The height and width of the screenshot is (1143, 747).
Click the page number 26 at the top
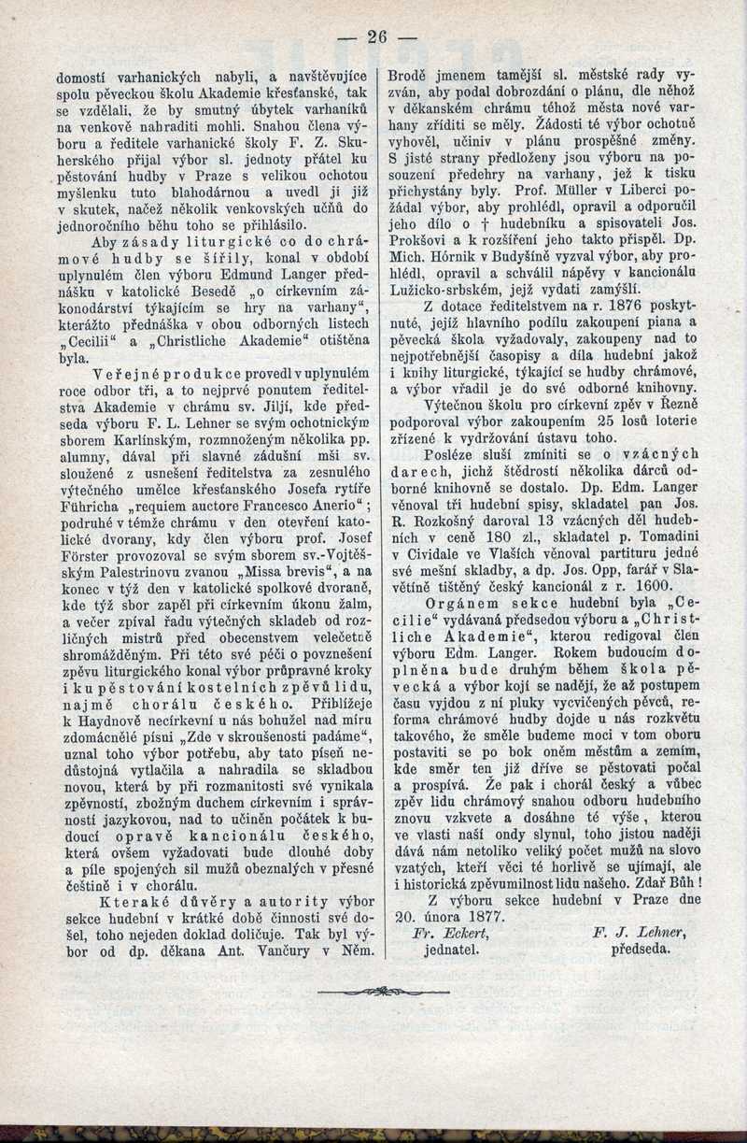(x=376, y=36)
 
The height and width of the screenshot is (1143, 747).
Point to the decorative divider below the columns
(x=373, y=991)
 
